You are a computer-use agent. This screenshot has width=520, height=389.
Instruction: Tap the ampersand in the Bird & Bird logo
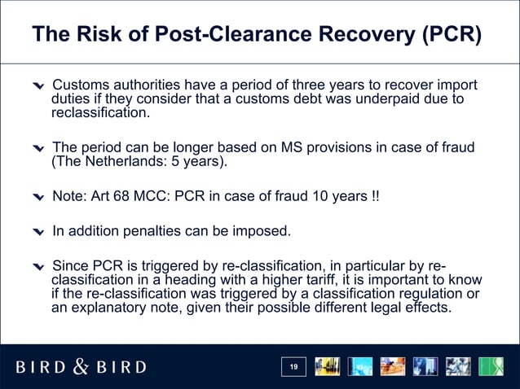81,367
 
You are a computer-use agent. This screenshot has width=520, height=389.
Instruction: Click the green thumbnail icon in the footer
491,368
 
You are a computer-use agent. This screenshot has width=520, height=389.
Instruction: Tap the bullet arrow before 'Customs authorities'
38,88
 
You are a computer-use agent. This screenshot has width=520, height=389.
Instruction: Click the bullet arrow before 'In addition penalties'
38,232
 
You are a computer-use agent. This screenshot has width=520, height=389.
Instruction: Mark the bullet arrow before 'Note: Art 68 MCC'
38,199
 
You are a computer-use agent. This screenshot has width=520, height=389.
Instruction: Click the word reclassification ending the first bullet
99,113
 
